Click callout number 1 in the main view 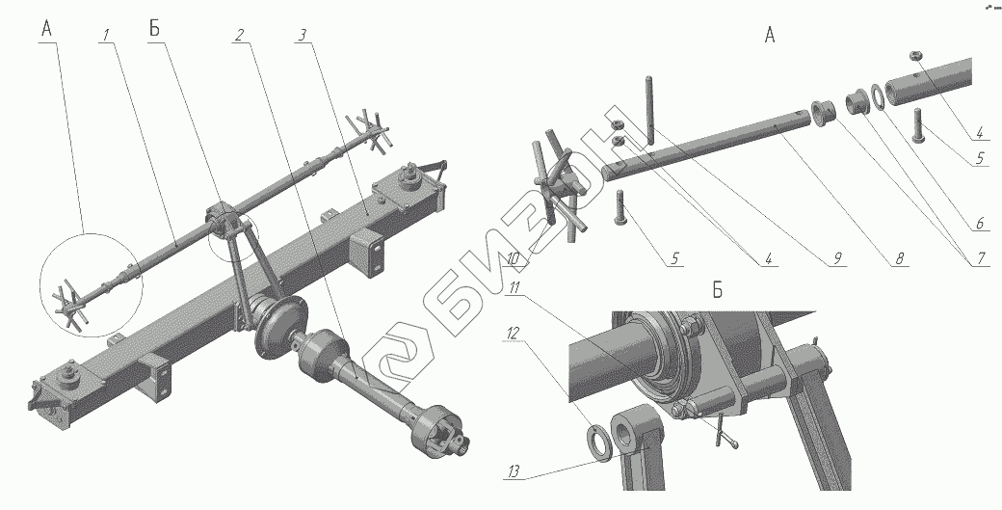point(106,33)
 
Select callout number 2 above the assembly point(238,35)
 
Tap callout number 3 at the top point(303,34)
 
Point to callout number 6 point(978,223)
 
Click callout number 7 point(979,257)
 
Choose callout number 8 point(898,258)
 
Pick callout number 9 point(836,258)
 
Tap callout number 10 point(514,259)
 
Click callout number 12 point(514,333)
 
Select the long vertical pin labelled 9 point(650,110)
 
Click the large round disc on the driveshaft point(279,327)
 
